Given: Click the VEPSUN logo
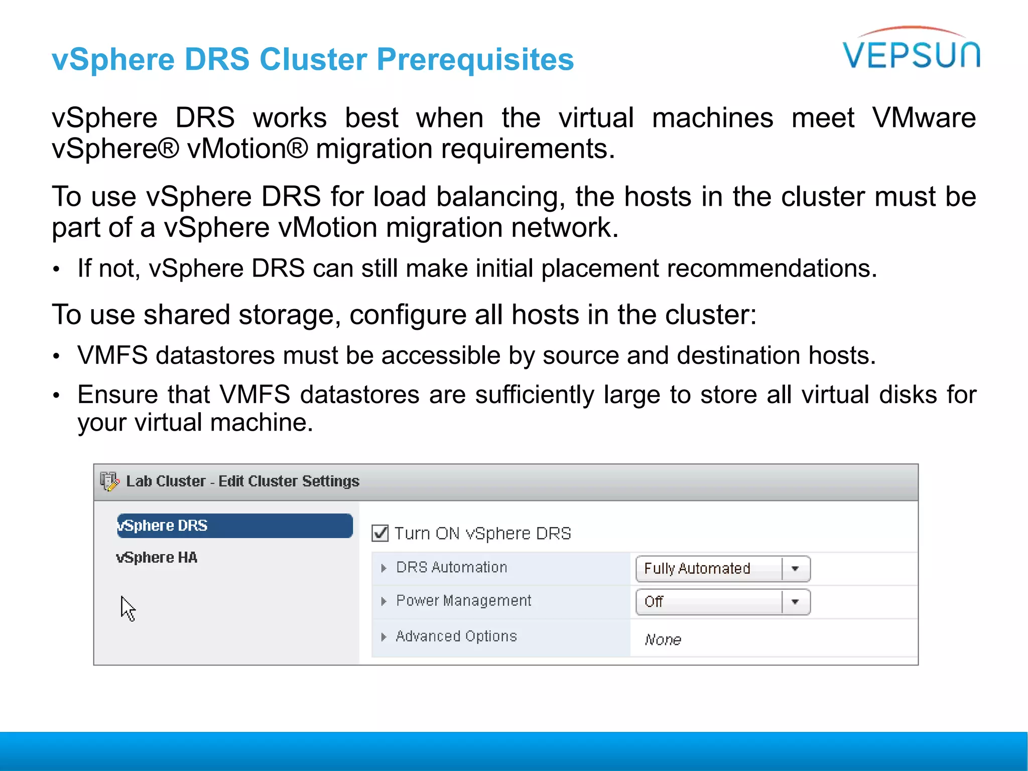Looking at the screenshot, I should click(x=911, y=50).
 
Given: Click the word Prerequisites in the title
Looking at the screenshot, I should click(x=475, y=60).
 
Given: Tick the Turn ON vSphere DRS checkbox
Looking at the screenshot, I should click(x=380, y=533).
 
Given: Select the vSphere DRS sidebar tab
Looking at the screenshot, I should click(x=234, y=526).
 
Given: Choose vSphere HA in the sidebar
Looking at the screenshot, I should click(x=157, y=558).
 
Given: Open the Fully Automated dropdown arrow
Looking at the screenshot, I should click(x=795, y=569).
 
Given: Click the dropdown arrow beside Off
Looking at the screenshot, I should click(x=795, y=602).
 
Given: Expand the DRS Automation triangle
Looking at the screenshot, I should click(x=383, y=568).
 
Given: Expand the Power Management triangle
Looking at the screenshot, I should click(x=383, y=601).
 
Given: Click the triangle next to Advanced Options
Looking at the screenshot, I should click(x=383, y=637).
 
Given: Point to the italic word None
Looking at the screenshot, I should click(x=663, y=639).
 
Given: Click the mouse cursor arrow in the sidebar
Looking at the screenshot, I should click(x=127, y=608).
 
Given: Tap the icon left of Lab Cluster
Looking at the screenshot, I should click(x=109, y=481).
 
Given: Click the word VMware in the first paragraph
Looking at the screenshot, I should click(x=924, y=118).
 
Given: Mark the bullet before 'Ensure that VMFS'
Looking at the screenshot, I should click(x=57, y=396).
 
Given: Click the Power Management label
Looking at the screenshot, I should click(x=463, y=601).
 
